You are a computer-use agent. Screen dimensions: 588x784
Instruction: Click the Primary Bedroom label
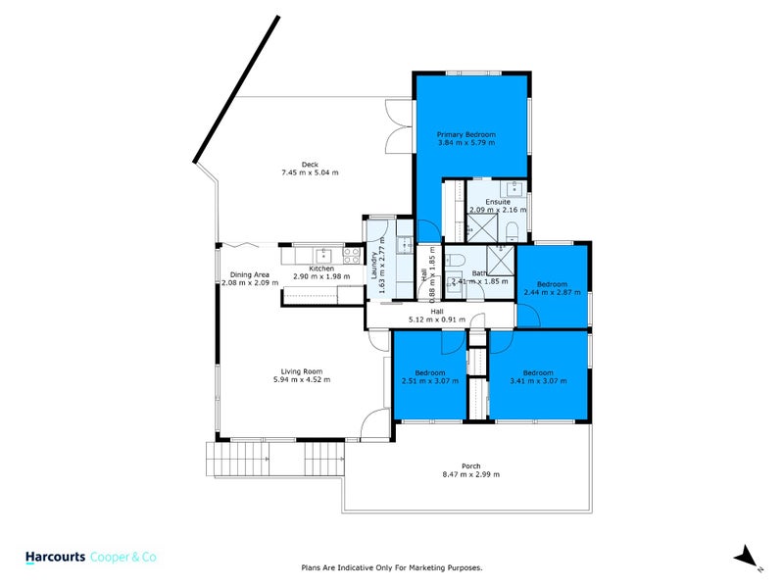466,134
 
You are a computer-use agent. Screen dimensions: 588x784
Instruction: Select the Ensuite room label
498,202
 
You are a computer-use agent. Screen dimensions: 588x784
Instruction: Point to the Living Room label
302,371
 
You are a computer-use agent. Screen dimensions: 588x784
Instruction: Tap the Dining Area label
249,274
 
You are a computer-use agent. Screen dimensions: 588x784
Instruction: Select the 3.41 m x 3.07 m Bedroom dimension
537,381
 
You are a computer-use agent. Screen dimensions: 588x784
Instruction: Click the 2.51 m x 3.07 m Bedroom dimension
429,381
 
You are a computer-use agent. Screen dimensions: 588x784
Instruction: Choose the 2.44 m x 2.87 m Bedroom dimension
554,292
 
